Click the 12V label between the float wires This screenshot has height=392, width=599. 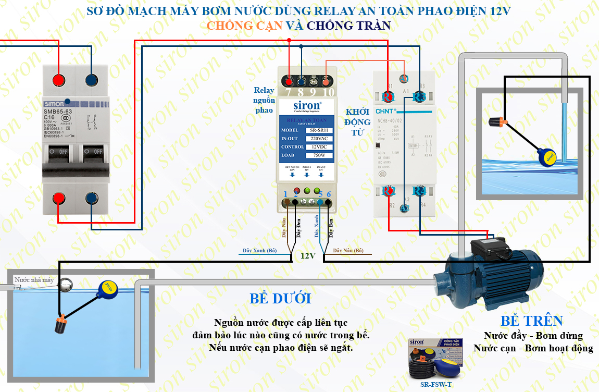point(307,255)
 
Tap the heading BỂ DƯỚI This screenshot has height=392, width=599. point(280,299)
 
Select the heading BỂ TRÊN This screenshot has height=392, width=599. point(532,321)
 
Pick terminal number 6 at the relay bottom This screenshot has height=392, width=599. point(329,194)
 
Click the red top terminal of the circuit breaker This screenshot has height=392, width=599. point(59,80)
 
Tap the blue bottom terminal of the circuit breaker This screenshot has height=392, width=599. point(92,199)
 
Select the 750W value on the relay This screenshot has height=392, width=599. point(319,155)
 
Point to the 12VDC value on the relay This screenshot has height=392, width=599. point(319,147)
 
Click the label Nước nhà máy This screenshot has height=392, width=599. point(34,280)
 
